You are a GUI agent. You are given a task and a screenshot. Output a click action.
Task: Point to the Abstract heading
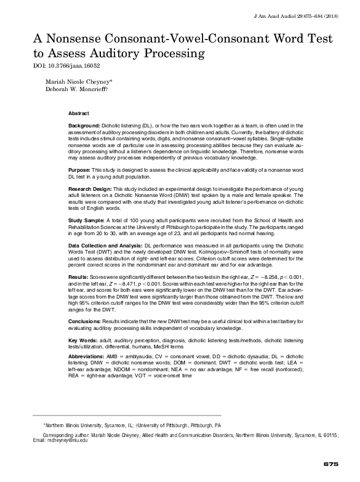[x=78, y=114]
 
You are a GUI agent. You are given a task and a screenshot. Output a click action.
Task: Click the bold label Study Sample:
[x=86, y=220]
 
